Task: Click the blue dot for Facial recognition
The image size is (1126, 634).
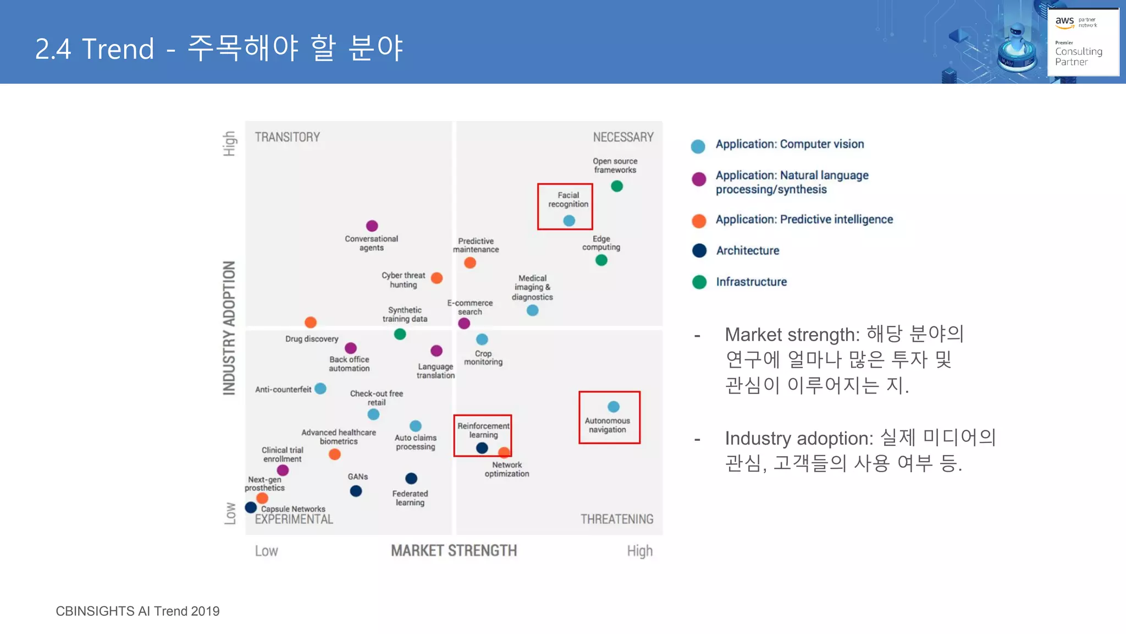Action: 569,221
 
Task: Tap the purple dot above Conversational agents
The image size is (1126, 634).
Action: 372,226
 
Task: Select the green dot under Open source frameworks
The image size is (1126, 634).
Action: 617,187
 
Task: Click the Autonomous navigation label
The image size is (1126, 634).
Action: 607,425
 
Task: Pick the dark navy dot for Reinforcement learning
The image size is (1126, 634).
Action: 482,448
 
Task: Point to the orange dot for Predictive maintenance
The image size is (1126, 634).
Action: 470,263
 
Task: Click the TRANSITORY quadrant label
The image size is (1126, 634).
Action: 287,137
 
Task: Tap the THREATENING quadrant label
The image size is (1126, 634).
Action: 617,519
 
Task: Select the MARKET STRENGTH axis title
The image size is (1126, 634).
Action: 454,550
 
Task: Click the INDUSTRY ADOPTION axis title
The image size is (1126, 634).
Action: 229,328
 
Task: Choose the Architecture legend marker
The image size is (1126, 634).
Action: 699,250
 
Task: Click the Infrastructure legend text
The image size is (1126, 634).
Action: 751,282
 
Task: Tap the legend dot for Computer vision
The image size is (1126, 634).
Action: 698,146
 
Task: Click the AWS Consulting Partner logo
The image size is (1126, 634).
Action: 1083,42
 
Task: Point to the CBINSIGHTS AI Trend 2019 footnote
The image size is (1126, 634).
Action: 137,611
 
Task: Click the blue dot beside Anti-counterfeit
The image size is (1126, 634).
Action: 321,389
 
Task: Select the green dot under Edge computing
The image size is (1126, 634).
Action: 601,260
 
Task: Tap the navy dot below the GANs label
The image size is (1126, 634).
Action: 356,491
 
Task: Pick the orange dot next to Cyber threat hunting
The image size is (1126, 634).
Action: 437,278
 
